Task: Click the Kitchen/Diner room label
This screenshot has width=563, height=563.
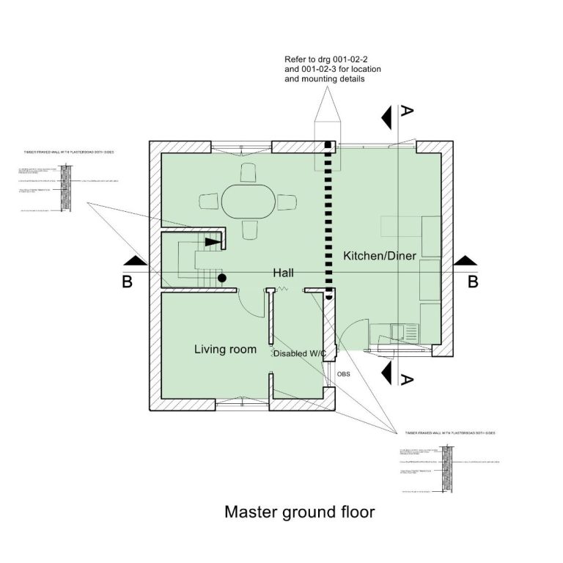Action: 380,256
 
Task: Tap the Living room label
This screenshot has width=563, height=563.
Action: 225,349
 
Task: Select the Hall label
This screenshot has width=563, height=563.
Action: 284,272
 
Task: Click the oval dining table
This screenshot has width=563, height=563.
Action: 249,199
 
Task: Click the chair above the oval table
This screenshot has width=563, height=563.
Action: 249,172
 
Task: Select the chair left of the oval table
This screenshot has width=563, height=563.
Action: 209,200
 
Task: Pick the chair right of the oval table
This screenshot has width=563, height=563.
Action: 288,200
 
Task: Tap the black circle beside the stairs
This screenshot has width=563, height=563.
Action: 221,278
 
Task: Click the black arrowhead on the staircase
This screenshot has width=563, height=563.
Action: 212,240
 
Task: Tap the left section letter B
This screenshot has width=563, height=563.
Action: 127,281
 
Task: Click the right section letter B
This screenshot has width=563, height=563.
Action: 473,281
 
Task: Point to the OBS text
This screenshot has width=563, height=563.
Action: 343,374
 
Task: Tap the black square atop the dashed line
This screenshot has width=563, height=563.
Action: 329,144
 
